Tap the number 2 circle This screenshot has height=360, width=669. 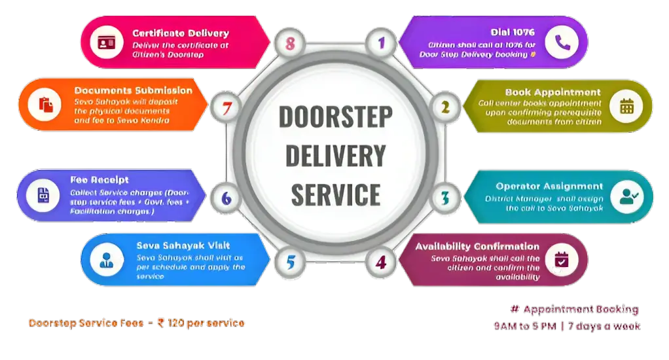click(x=444, y=107)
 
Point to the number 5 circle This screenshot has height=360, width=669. click(x=291, y=262)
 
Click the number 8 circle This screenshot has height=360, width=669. click(x=291, y=44)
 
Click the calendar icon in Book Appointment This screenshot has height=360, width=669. click(x=626, y=106)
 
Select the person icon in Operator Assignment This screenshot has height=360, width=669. click(x=626, y=196)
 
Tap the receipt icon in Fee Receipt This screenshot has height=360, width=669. click(x=43, y=195)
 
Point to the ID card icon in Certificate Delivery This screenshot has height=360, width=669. click(x=107, y=43)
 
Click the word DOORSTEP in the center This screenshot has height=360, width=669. click(x=335, y=117)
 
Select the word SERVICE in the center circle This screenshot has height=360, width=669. click(x=335, y=194)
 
